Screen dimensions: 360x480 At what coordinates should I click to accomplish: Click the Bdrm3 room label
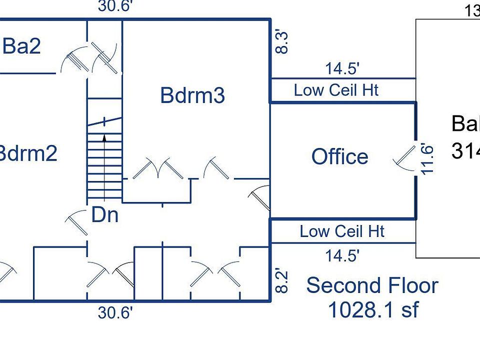click(192, 95)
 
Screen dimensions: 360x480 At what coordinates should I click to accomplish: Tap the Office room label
click(340, 157)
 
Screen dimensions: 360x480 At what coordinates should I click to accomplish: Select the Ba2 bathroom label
click(21, 46)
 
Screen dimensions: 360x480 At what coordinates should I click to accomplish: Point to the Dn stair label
click(105, 215)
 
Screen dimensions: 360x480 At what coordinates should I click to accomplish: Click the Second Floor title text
click(372, 285)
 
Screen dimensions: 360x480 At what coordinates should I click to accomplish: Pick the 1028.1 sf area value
click(372, 310)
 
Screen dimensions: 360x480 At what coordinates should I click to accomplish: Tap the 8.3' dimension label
click(282, 42)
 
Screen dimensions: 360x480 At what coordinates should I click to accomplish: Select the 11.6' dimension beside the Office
click(426, 159)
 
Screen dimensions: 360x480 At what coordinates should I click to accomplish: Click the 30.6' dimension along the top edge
click(115, 6)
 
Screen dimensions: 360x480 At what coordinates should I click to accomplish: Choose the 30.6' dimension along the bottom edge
click(115, 313)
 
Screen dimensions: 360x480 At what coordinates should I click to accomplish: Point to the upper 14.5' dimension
click(343, 68)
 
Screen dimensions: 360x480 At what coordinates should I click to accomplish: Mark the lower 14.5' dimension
click(342, 256)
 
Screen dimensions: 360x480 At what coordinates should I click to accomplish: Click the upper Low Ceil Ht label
click(336, 90)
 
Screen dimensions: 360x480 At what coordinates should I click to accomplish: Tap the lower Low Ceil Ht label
click(342, 231)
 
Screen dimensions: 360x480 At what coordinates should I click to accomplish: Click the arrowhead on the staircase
click(104, 136)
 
